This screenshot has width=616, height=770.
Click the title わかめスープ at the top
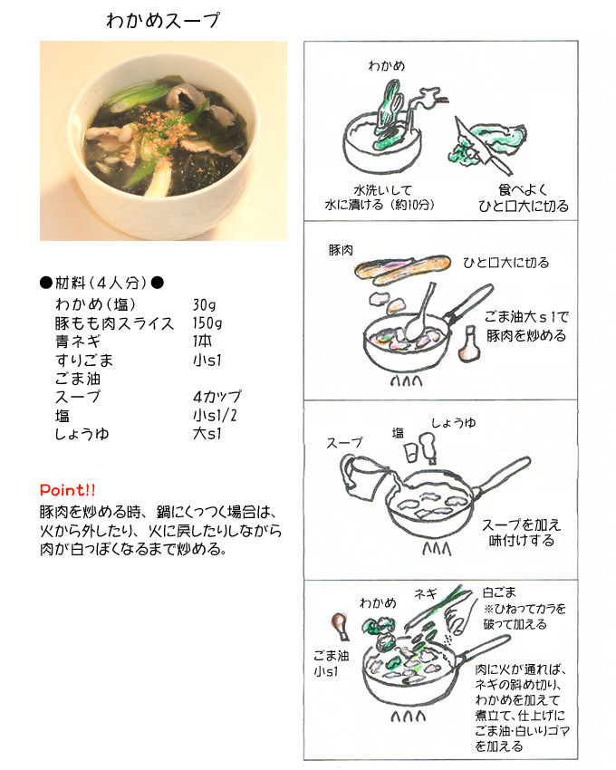(x=163, y=21)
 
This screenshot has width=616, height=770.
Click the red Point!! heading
(x=68, y=490)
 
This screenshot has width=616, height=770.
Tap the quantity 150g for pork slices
(x=207, y=323)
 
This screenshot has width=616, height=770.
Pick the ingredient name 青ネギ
(x=78, y=342)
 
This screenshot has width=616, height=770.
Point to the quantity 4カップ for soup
(x=217, y=396)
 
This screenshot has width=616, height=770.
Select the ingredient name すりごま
(x=84, y=360)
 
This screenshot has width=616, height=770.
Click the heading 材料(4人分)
(x=101, y=283)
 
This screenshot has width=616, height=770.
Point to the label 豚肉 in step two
(x=341, y=250)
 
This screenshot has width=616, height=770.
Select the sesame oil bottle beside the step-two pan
(x=468, y=344)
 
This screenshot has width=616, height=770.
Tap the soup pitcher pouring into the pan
(x=362, y=475)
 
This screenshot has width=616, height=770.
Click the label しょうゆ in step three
(x=454, y=422)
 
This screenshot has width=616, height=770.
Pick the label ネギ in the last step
(x=425, y=594)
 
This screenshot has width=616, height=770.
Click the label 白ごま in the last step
(x=499, y=592)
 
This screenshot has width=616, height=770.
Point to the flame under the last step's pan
(x=408, y=717)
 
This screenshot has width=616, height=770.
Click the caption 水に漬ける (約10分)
(x=380, y=205)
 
